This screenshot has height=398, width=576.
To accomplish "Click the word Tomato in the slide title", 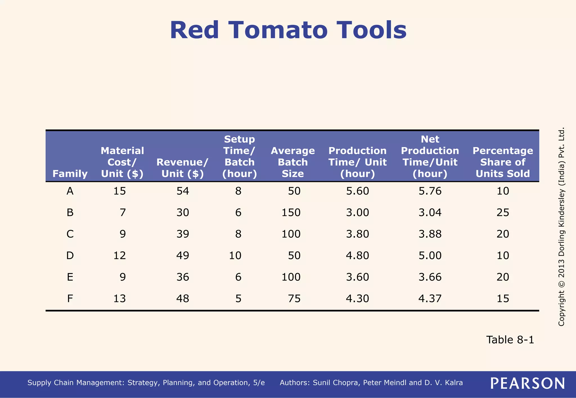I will pyautogui.click(x=278, y=30).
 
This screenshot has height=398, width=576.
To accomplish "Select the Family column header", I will pyautogui.click(x=70, y=174).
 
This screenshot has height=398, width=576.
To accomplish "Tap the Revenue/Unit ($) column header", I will pyautogui.click(x=183, y=168).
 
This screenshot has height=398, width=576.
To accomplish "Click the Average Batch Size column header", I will pyautogui.click(x=293, y=162).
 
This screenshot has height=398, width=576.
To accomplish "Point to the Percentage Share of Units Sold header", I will pyautogui.click(x=503, y=162).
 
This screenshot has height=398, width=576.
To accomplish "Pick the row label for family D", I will pyautogui.click(x=70, y=255).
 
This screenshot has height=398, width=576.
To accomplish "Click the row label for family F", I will pyautogui.click(x=70, y=298).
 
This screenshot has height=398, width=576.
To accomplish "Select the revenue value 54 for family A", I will pyautogui.click(x=183, y=191).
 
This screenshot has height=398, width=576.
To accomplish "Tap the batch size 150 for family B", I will pyautogui.click(x=291, y=212).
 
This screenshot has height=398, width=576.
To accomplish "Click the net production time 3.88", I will pyautogui.click(x=430, y=234).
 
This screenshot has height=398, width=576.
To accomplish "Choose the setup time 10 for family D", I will pyautogui.click(x=235, y=255).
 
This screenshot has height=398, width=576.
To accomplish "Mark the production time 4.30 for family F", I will pyautogui.click(x=357, y=298).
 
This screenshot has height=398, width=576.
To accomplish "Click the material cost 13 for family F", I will pyautogui.click(x=120, y=298).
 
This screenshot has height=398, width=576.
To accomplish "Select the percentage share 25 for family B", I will pyautogui.click(x=503, y=212).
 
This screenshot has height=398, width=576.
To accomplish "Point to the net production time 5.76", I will pyautogui.click(x=430, y=191).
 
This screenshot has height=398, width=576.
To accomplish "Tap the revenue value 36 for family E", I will pyautogui.click(x=183, y=277).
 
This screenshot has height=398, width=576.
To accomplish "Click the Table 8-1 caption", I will pyautogui.click(x=510, y=340).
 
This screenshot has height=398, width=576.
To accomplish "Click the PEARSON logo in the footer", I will pyautogui.click(x=527, y=383).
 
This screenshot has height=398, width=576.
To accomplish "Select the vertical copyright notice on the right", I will pyautogui.click(x=561, y=227).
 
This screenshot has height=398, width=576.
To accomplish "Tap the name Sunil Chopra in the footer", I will pyautogui.click(x=336, y=383).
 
